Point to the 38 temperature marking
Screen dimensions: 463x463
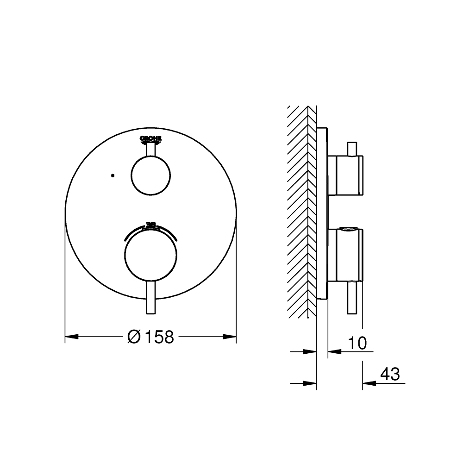(x=150, y=225)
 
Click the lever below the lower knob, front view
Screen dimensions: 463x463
(x=150, y=299)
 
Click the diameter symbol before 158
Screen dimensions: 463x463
(x=133, y=337)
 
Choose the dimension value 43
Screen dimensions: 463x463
(x=389, y=374)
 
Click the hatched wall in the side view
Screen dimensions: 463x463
(x=298, y=213)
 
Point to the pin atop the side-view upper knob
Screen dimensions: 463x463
(x=352, y=148)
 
